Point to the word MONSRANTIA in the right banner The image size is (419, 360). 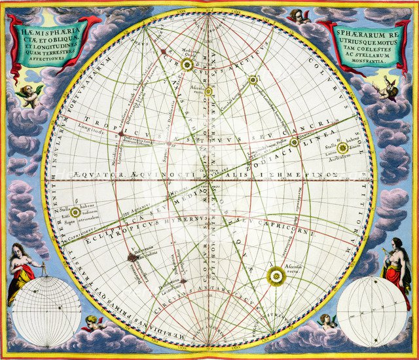click(371, 58)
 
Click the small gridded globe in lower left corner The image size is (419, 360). click(46, 312)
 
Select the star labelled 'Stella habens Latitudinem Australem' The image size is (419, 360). click(342, 148)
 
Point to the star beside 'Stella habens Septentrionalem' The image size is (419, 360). click(75, 212)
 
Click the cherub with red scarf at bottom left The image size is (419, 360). click(95, 322)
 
